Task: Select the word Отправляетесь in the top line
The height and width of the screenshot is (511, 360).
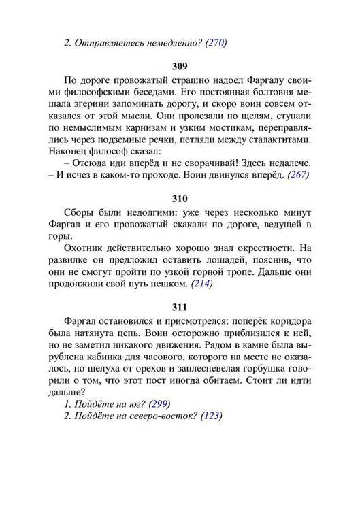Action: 107,42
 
